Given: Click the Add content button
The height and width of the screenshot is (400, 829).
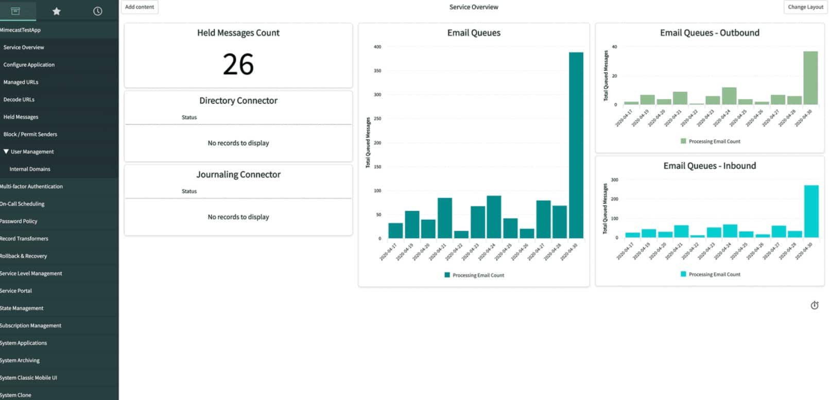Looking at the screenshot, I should click(x=140, y=7).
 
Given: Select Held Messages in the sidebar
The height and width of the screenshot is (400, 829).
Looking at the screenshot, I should click(x=21, y=117).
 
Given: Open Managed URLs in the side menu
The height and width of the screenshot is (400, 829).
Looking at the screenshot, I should click(x=21, y=82).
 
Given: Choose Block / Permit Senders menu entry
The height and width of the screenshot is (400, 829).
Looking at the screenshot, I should click(x=30, y=134).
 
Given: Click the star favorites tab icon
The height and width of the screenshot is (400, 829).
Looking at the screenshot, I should click(x=57, y=11).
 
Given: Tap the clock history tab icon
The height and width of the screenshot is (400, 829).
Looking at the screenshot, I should click(x=97, y=11).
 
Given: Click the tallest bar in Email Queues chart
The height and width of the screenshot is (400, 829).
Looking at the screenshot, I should click(x=576, y=144).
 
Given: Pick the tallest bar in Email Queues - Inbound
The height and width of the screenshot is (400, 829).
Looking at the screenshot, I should click(x=811, y=211).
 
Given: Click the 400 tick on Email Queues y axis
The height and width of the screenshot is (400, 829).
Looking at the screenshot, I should click(x=377, y=47).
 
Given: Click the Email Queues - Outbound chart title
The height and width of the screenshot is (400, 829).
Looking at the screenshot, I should click(x=710, y=33).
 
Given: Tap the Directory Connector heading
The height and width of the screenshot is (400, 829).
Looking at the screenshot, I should click(x=238, y=101).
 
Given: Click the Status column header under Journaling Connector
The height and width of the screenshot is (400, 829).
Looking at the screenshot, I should click(x=189, y=192).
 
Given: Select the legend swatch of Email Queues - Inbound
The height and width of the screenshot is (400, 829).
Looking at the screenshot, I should click(x=683, y=274).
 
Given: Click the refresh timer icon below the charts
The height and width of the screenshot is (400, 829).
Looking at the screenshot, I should click(x=814, y=305).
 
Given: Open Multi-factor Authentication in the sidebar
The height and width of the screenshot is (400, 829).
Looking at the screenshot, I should click(x=31, y=186).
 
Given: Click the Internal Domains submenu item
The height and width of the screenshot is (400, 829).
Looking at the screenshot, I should click(x=30, y=169).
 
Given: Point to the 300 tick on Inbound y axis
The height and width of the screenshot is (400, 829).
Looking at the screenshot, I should click(x=614, y=180).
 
